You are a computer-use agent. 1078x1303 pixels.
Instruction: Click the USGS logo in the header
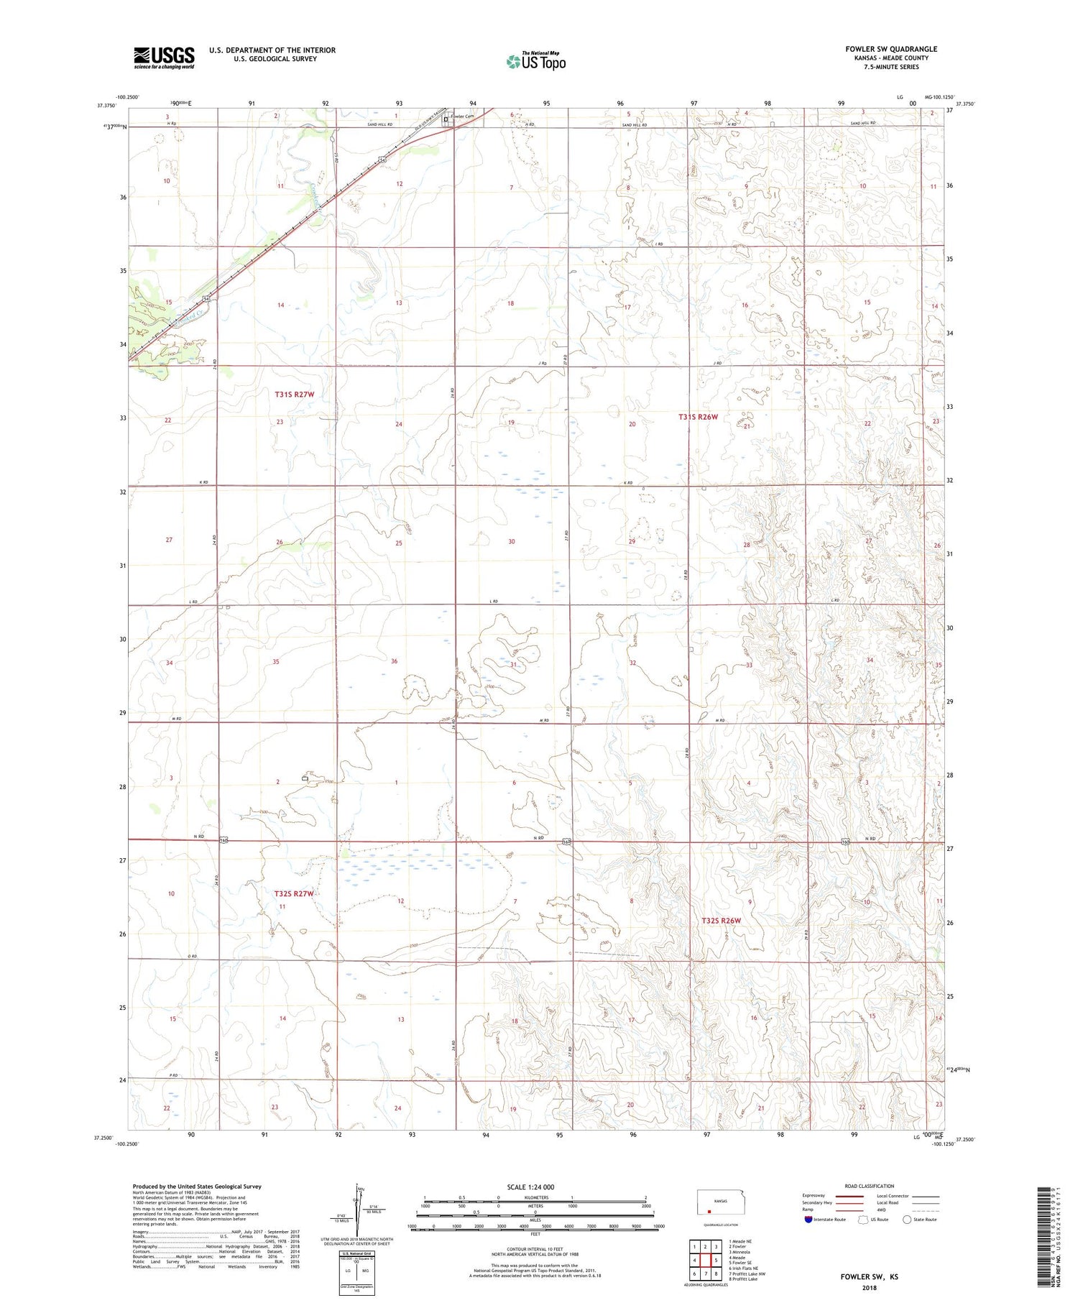point(164,57)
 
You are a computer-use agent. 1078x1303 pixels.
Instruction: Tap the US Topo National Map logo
point(536,62)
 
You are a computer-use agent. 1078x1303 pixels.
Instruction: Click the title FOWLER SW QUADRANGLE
point(891,49)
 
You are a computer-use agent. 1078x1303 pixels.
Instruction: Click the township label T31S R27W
point(295,395)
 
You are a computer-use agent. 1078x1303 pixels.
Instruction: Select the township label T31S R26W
point(699,416)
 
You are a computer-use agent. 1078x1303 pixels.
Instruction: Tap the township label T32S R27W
point(294,893)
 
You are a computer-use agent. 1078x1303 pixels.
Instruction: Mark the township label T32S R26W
point(721,920)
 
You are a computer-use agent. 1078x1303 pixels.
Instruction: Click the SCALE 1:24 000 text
point(535,1187)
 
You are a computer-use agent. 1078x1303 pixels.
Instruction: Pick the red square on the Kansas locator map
point(709,1210)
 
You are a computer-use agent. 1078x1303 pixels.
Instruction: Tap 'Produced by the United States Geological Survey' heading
point(197,1187)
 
